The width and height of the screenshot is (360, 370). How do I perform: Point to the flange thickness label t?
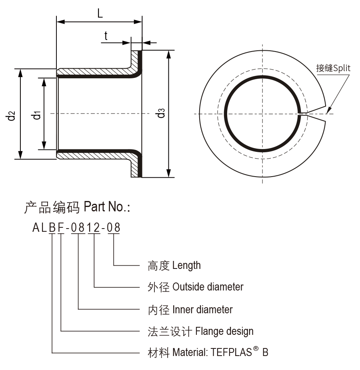(106, 36)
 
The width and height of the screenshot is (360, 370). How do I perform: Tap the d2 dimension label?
(11, 115)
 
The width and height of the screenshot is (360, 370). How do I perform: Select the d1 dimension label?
(37, 115)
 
